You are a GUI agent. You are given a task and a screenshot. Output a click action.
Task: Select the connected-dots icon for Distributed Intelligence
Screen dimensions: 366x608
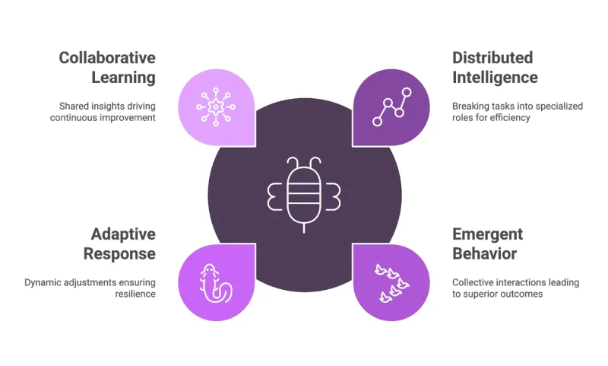pos(392,106)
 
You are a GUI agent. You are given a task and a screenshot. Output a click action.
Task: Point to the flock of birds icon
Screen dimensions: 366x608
pos(391,282)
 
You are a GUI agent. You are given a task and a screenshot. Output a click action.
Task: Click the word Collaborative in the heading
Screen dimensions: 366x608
pos(107,58)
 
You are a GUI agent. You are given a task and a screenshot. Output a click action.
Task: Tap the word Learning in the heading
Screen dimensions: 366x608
pos(123,77)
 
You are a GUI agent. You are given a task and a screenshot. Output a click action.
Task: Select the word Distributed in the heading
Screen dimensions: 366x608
pos(492,58)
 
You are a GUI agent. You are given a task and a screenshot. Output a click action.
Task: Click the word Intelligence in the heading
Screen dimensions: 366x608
pos(495,77)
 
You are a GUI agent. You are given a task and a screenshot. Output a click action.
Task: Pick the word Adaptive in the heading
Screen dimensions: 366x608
pos(123,234)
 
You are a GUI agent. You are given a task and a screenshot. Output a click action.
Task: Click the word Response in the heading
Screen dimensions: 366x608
pos(119,253)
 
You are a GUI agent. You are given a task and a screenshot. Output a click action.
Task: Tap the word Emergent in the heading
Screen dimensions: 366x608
pos(487,234)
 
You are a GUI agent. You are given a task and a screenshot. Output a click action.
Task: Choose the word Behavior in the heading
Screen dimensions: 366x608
pos(484,253)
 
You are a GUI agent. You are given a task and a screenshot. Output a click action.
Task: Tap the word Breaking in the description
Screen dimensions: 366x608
pos(471,106)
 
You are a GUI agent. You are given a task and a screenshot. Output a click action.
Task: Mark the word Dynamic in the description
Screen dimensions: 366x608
pos(42,282)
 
